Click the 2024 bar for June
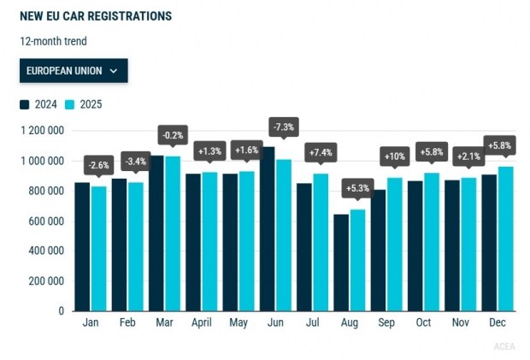pos(268,228)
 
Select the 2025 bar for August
pos(357,260)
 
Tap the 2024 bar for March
pos(156,233)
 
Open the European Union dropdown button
pos(74,71)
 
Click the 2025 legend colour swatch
pos(71,104)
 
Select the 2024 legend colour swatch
pos(25,104)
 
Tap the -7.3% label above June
pos(282,127)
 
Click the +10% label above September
pos(394,157)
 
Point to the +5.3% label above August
pos(356,187)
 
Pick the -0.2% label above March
pos(172,135)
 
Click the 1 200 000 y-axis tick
pos(43,131)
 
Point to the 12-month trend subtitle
pos(54,40)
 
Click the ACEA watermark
pos(504,346)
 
